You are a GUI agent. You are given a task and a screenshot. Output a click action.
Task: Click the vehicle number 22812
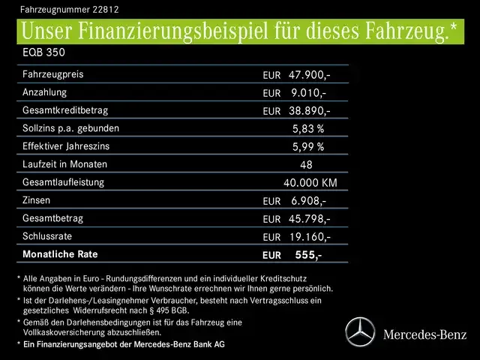(106, 10)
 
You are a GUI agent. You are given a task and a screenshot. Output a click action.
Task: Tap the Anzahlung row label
(45, 92)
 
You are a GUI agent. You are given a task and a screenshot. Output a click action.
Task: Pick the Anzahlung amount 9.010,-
(309, 93)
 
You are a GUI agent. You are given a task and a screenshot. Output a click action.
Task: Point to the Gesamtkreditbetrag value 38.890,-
(309, 111)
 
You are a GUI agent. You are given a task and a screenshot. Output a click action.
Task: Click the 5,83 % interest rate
(307, 129)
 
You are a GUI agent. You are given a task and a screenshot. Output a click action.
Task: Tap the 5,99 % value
(307, 147)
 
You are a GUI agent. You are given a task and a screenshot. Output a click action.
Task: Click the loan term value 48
(306, 165)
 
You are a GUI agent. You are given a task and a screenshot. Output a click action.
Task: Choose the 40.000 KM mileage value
(310, 183)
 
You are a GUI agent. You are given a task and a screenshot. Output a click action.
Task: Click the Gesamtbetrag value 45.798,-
(309, 219)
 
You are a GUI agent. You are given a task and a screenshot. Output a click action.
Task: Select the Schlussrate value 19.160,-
(309, 237)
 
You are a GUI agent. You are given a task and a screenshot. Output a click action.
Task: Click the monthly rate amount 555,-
(309, 255)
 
